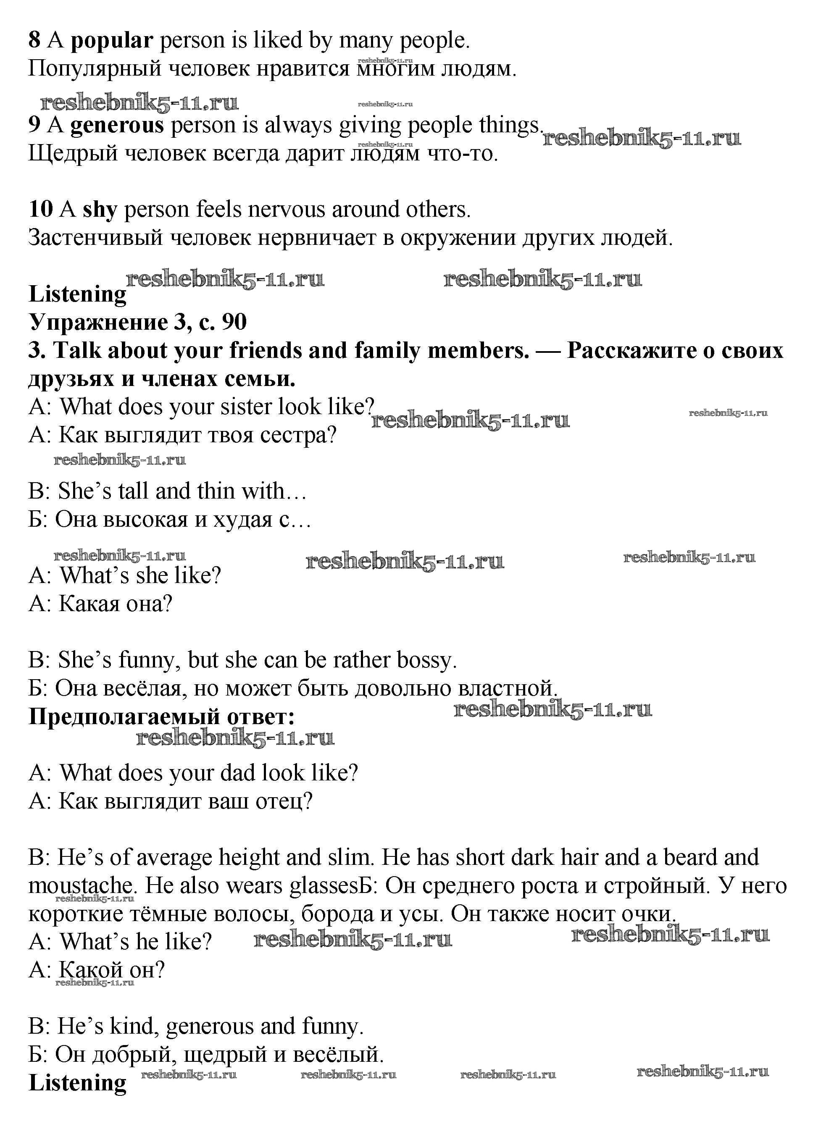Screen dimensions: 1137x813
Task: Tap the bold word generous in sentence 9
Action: [x=117, y=125]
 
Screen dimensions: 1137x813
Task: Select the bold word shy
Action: [x=100, y=210]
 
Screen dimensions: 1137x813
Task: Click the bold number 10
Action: [x=41, y=209]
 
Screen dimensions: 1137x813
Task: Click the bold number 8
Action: [x=34, y=40]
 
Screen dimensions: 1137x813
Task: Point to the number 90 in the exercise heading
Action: [x=234, y=322]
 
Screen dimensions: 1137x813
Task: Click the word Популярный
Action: [x=95, y=69]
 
